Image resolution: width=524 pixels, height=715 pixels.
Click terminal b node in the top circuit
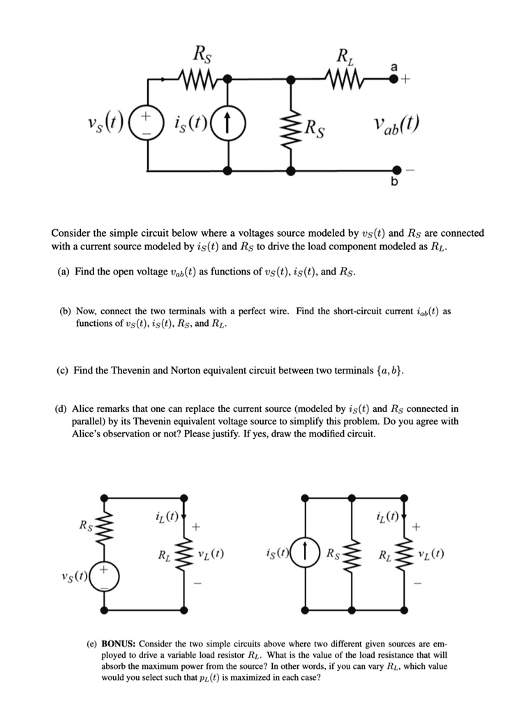(x=396, y=170)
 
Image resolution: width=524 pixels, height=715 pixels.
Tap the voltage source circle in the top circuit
(x=147, y=126)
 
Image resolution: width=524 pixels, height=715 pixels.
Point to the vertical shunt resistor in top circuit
(x=292, y=126)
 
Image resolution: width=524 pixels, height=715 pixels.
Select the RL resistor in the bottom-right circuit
(x=403, y=556)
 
